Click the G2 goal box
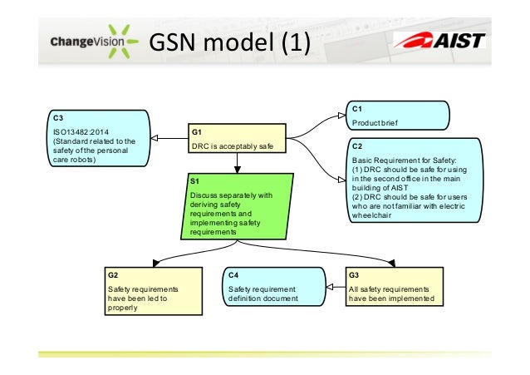click(152, 290)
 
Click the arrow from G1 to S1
click(238, 164)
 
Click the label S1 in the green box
click(194, 180)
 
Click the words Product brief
click(375, 122)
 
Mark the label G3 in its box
click(355, 274)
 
